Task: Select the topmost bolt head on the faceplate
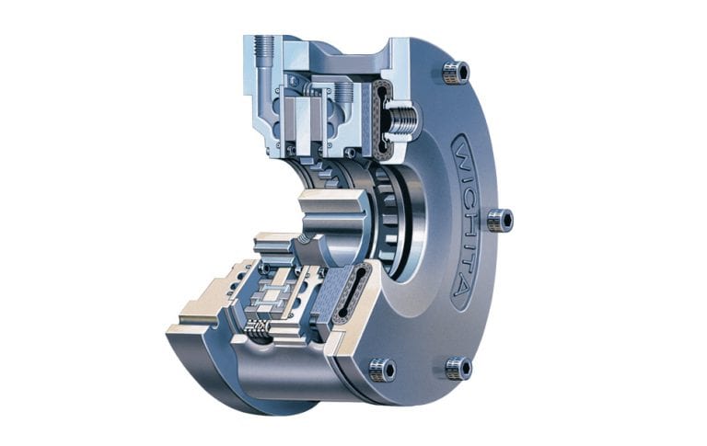coord(455,72)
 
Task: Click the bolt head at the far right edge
coord(499,220)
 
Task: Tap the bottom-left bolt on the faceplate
coord(382,370)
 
